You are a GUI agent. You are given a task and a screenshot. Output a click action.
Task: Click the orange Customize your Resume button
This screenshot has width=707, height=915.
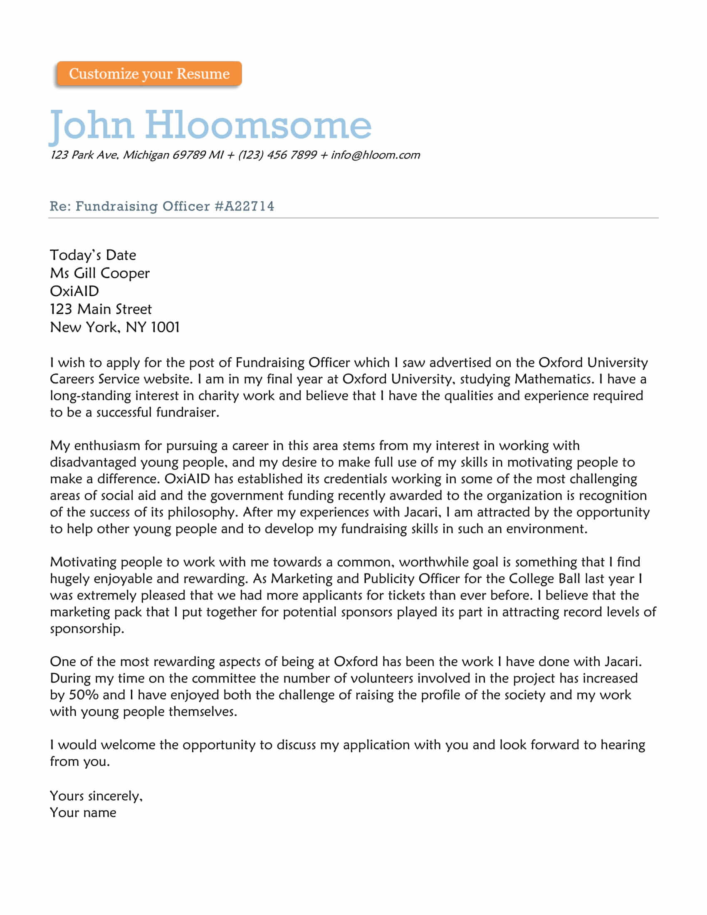coord(149,74)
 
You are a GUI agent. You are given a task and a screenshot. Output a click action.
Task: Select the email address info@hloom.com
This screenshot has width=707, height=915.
coord(375,155)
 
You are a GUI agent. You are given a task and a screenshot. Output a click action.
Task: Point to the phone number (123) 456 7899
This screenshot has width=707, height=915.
coord(277,155)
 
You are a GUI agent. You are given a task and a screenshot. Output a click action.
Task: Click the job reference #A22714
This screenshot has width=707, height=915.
coord(244,206)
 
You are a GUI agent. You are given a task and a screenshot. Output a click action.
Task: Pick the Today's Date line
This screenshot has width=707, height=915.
coord(93,255)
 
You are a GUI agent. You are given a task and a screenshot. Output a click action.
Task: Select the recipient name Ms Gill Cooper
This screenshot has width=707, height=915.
coord(100,273)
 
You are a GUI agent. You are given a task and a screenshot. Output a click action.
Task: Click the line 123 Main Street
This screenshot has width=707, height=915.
coord(101,309)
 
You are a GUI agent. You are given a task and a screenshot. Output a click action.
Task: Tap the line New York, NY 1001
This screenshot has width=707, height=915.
coord(115,327)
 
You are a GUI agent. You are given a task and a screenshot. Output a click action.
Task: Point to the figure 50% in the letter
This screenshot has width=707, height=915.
coord(83,695)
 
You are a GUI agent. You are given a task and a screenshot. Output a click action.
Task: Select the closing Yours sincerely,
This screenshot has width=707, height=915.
coord(96,796)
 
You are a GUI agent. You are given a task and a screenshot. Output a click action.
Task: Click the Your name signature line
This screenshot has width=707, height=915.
coord(83,813)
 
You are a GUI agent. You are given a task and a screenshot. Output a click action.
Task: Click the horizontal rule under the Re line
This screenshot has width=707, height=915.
coord(353,218)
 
